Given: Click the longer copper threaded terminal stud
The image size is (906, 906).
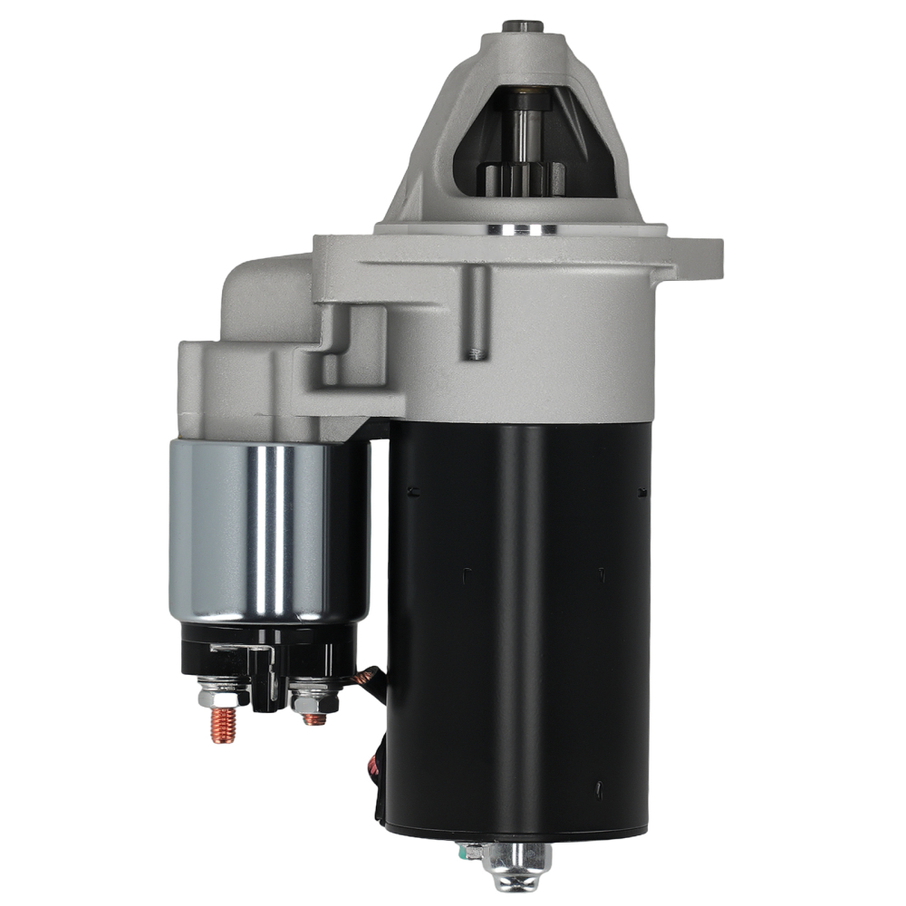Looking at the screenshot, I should coord(224,725).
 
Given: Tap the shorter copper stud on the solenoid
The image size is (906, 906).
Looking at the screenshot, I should coord(313,718).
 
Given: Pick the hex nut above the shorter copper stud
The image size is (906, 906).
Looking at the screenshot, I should coord(313,699).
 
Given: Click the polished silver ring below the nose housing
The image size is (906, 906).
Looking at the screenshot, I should coord(523,228).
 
